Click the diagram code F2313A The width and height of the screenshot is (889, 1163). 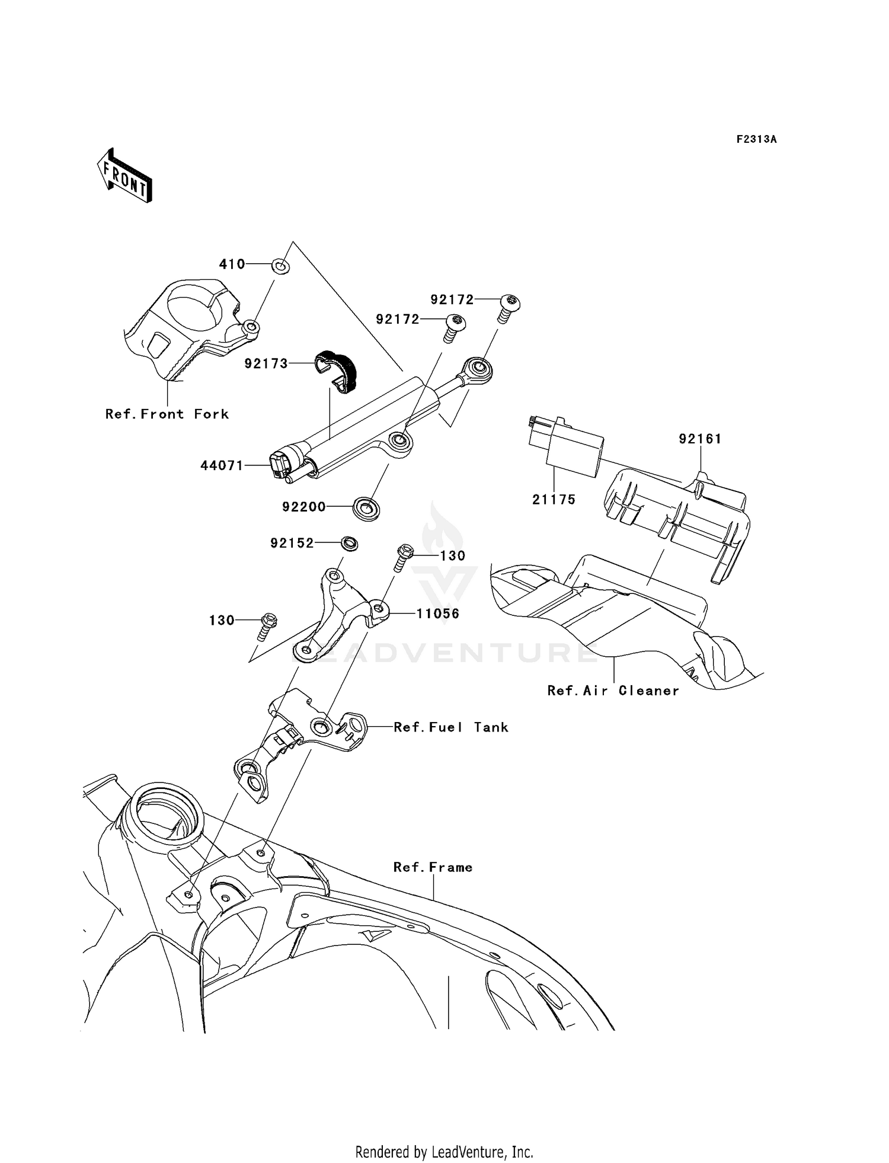(756, 139)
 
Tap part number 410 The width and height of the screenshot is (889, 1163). (232, 264)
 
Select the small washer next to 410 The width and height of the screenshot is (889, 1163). (281, 266)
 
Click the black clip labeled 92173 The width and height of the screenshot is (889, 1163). (336, 371)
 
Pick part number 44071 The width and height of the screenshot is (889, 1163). (222, 466)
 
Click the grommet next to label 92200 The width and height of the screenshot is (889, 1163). (366, 508)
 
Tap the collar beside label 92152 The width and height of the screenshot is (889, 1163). (350, 542)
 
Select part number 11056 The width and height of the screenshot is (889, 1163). (438, 614)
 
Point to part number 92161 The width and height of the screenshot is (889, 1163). (700, 439)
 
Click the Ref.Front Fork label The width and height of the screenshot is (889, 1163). (167, 414)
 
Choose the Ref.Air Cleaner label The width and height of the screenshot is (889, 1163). (613, 691)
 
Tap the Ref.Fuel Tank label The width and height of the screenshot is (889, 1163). (451, 727)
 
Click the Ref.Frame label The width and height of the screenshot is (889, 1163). (433, 867)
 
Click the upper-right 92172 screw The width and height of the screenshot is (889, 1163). (506, 307)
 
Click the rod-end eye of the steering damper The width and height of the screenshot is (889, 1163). (479, 369)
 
